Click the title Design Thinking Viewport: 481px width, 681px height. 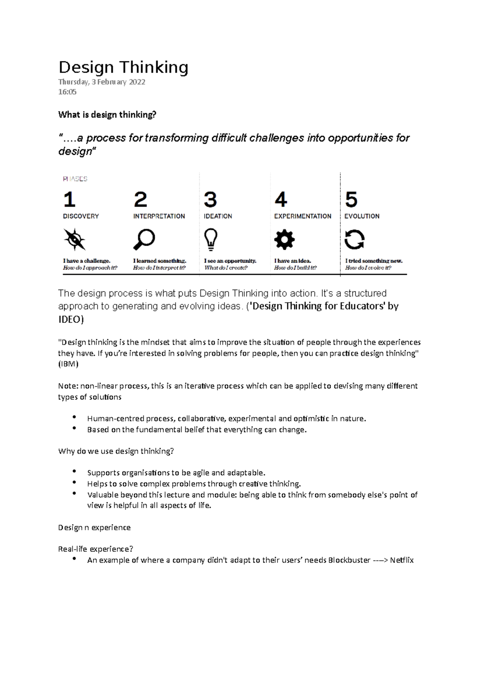point(123,67)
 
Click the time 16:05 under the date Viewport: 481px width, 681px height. point(67,92)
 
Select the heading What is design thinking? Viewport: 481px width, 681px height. point(107,115)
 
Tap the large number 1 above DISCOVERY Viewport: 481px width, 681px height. point(69,199)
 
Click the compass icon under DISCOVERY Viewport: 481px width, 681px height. point(75,239)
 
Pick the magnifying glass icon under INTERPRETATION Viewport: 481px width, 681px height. point(144,239)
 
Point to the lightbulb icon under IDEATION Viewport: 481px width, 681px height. point(211,239)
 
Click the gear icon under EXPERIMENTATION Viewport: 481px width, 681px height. point(284,240)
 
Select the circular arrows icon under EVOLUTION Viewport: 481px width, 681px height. point(354,240)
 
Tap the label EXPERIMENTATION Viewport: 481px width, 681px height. point(303,216)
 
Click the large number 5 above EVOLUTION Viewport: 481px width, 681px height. point(351,199)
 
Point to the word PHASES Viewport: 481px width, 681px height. point(75,179)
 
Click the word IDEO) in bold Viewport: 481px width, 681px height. point(71,320)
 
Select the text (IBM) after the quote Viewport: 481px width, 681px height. point(68,364)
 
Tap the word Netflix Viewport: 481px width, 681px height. point(402,560)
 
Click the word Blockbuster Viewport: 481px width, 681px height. point(349,560)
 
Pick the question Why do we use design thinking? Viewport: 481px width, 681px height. point(116,451)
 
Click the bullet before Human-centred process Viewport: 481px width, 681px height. point(74,418)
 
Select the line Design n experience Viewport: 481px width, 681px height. point(94,527)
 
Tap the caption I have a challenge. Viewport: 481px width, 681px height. point(87,261)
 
